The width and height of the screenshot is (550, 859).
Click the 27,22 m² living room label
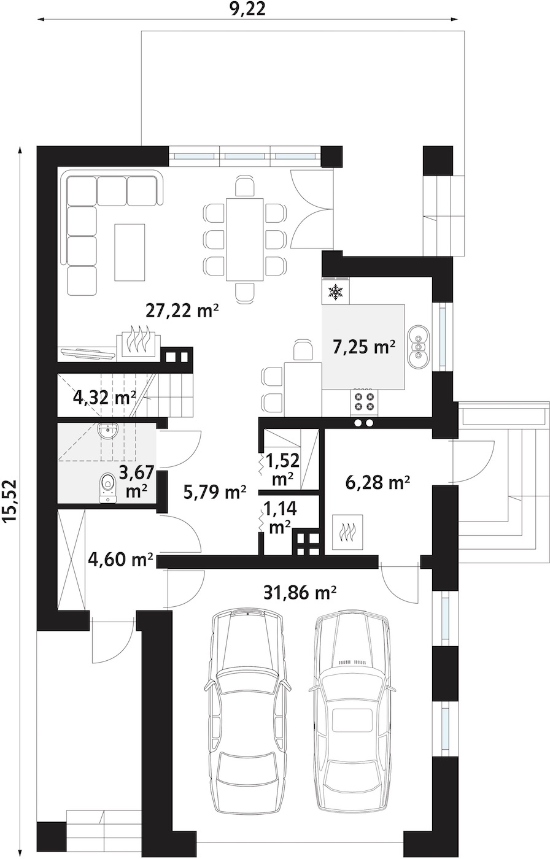click(x=182, y=310)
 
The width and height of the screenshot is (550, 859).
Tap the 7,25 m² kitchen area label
click(x=363, y=347)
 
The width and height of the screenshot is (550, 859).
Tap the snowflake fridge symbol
click(x=336, y=292)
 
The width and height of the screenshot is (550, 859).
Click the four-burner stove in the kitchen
click(x=364, y=403)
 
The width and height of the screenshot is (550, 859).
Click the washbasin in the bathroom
click(x=109, y=431)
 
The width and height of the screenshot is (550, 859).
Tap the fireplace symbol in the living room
click(x=139, y=339)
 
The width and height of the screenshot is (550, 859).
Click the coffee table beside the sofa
click(x=130, y=252)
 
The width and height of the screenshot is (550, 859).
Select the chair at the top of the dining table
click(x=245, y=187)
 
